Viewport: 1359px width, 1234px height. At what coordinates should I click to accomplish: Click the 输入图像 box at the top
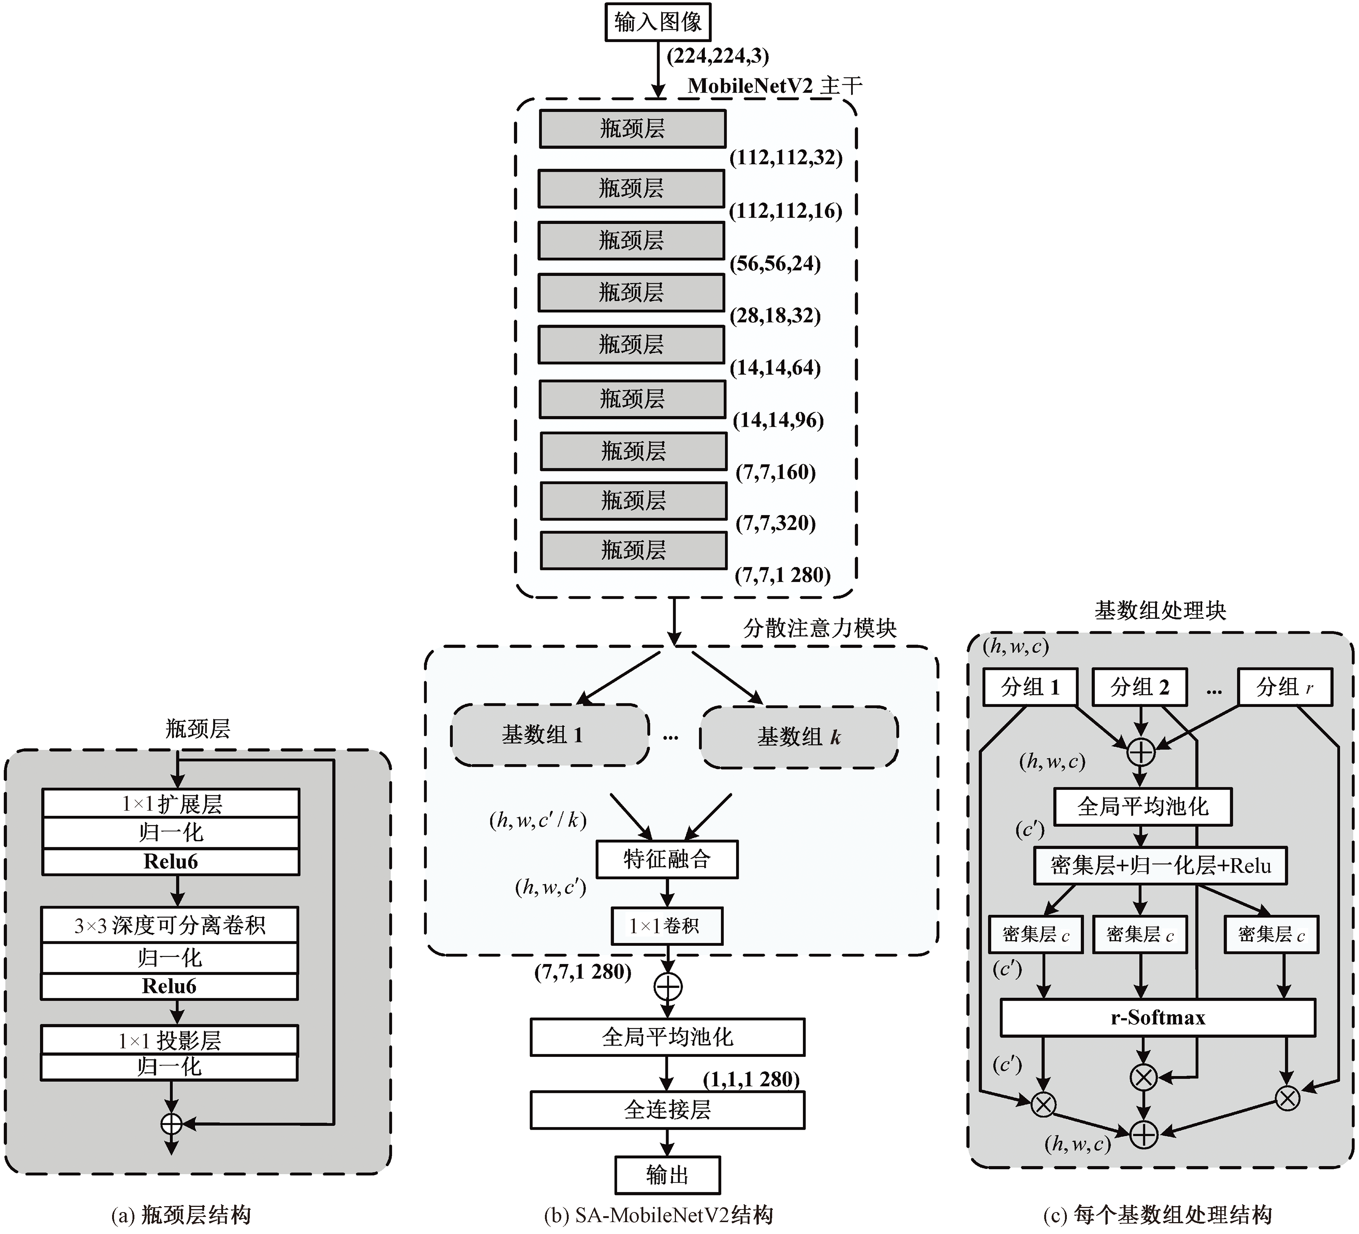pyautogui.click(x=657, y=22)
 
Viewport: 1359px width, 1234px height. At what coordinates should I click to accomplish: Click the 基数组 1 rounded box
pyautogui.click(x=549, y=735)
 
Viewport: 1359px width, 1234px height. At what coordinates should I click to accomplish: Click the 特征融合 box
pyautogui.click(x=667, y=859)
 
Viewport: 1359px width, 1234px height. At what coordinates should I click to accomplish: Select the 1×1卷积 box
pyautogui.click(x=666, y=926)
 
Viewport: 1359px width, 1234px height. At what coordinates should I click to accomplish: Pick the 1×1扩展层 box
pyautogui.click(x=170, y=804)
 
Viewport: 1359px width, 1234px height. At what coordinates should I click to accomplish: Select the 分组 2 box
pyautogui.click(x=1139, y=687)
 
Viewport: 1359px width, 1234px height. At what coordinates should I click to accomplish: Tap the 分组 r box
pyautogui.click(x=1285, y=687)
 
